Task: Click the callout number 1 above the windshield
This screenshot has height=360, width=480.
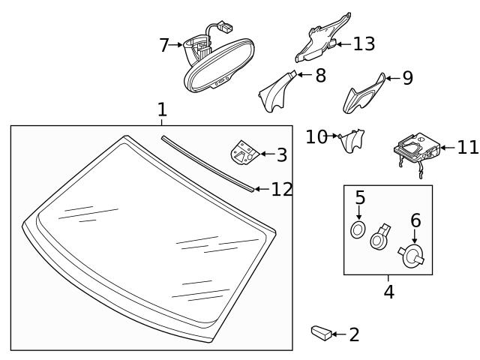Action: click(161, 110)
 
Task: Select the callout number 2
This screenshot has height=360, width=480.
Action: click(354, 334)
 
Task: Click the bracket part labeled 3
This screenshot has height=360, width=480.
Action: click(244, 154)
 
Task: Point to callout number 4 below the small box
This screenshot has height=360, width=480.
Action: click(388, 292)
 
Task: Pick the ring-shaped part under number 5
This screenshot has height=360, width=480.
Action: click(358, 229)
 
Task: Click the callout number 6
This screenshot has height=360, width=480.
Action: click(415, 220)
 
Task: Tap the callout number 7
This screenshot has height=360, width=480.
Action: click(163, 46)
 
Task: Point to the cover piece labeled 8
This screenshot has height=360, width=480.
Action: click(275, 90)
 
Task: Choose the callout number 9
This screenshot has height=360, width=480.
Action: click(407, 78)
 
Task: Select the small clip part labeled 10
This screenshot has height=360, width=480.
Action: click(351, 140)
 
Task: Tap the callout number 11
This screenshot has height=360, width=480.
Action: click(466, 147)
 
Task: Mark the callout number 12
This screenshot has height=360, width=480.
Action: click(281, 189)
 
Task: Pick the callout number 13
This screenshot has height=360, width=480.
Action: click(363, 44)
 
